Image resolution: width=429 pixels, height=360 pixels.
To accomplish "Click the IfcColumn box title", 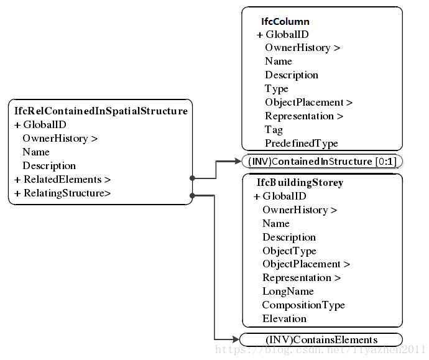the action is [x=285, y=22].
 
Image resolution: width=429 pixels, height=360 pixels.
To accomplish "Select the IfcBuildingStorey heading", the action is [x=300, y=183].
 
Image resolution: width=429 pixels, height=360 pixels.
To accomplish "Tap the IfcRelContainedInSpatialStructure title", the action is [x=101, y=111].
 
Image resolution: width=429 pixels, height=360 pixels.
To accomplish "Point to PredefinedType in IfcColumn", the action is [x=302, y=144].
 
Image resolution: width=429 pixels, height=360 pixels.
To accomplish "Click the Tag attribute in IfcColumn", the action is [x=274, y=130].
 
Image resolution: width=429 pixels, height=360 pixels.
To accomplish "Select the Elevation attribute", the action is [x=284, y=319].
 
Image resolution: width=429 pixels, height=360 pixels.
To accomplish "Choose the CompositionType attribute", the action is [x=303, y=305].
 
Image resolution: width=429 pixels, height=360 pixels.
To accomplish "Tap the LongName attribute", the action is [x=288, y=292].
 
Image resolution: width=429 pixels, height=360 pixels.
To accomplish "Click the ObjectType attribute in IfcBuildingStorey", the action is [x=289, y=251].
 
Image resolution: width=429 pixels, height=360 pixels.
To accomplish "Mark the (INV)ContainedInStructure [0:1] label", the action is [x=322, y=162].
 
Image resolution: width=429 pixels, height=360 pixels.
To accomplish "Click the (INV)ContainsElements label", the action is [x=321, y=339].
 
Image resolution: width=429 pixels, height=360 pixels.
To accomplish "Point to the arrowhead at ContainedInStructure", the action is [x=238, y=162].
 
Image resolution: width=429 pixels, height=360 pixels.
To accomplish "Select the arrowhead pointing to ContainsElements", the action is [x=235, y=339].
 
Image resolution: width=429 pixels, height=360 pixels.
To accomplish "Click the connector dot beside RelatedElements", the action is [x=192, y=178].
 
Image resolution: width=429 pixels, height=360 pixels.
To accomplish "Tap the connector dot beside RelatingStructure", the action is [x=192, y=196].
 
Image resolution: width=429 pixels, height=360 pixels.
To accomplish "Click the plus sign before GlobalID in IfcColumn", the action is [x=260, y=35].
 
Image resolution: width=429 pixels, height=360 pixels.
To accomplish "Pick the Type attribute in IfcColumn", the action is [x=277, y=89].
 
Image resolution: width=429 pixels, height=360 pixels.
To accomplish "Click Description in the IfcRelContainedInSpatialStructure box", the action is [x=49, y=166].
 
